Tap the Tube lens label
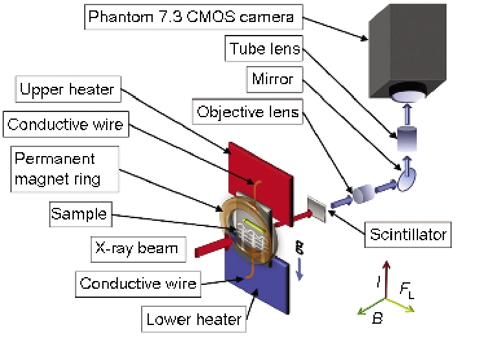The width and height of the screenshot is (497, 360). click(x=265, y=48)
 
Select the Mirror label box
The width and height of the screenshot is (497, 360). click(x=273, y=80)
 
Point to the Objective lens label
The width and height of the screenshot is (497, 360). click(x=248, y=112)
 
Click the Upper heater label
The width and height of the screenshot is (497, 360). click(x=67, y=89)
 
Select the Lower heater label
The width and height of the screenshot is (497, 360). click(x=193, y=319)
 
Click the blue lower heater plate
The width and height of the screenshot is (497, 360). click(x=259, y=285)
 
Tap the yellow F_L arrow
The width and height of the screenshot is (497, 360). click(x=401, y=306)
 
